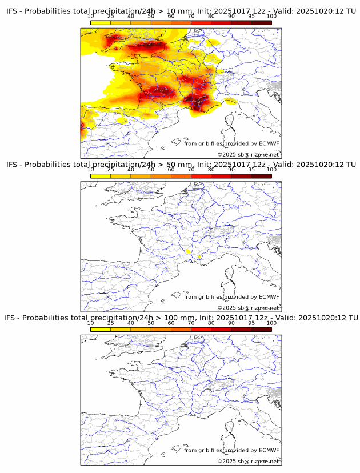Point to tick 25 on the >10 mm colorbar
tap(110, 17)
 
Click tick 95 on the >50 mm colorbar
tap(251, 170)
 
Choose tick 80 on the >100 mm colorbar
tap(211, 323)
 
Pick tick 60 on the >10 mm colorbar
tap(171, 17)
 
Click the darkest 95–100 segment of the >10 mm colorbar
tap(261, 23)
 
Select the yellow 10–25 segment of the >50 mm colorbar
tap(101, 176)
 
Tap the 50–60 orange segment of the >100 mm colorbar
tap(161, 329)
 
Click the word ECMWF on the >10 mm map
tap(269, 143)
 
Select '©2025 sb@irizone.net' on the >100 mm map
tap(248, 461)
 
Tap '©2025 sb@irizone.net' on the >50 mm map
tap(248, 308)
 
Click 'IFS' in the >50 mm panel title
tap(13, 165)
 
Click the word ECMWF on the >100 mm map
tap(269, 450)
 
